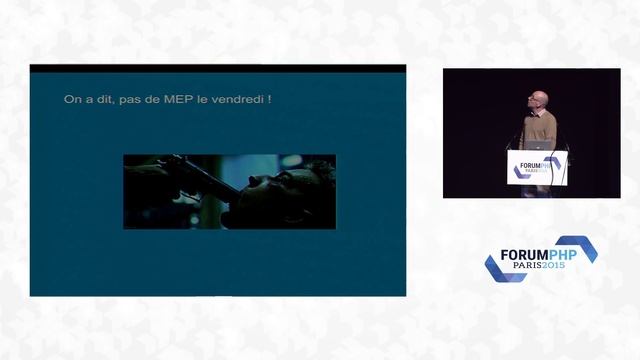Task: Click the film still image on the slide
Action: point(229,191)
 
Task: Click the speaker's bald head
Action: point(540,99)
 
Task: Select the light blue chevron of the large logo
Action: point(580,247)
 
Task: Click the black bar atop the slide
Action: point(217,69)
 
